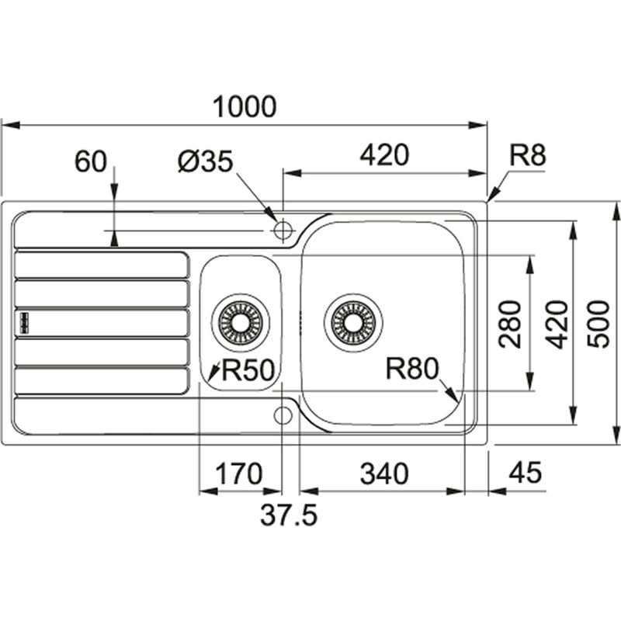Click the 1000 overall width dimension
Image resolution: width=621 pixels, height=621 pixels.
[x=246, y=107]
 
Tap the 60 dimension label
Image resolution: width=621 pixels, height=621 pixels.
[x=89, y=162]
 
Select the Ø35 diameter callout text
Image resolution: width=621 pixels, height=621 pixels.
[x=205, y=161]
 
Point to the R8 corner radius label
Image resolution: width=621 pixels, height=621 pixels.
[x=528, y=156]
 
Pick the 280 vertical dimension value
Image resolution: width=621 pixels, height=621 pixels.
[x=510, y=322]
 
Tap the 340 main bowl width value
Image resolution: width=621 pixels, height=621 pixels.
[x=383, y=473]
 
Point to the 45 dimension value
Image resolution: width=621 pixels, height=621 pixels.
[x=525, y=473]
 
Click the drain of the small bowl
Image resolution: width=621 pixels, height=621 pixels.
[x=240, y=321]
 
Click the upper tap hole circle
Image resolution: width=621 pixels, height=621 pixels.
[x=283, y=230]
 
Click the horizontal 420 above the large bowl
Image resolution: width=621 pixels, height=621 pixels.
[x=383, y=155]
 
